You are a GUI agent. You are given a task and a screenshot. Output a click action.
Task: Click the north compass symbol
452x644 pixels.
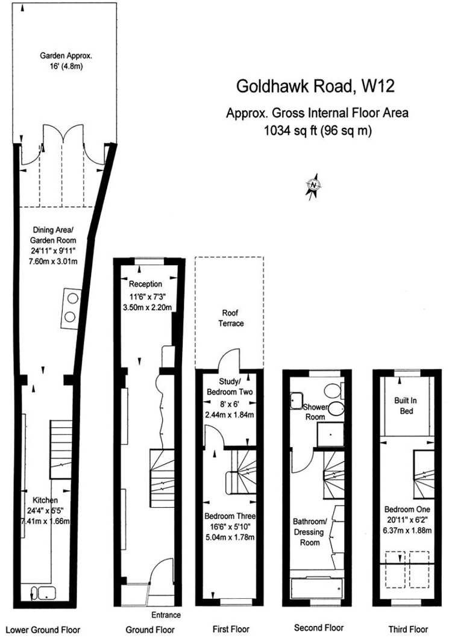(x=314, y=186)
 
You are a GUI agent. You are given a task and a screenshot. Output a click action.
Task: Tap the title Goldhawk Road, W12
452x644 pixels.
(x=316, y=86)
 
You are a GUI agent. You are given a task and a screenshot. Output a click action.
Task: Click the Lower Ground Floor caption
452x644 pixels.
(x=43, y=630)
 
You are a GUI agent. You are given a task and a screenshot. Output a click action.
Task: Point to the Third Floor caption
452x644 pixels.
(x=409, y=629)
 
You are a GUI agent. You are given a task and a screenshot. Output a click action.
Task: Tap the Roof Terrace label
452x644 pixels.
(x=230, y=318)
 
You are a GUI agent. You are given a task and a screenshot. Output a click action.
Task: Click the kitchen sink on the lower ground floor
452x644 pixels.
(x=43, y=593)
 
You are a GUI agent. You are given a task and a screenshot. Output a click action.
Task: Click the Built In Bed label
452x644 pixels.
(x=406, y=405)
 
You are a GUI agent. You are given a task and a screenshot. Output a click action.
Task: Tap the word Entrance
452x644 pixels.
(x=166, y=615)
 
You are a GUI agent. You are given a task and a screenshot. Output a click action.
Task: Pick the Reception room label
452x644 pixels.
(x=145, y=284)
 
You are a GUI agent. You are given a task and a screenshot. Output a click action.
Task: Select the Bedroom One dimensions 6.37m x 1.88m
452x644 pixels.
(x=407, y=530)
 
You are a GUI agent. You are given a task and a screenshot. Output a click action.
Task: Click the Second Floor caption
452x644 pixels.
(x=319, y=628)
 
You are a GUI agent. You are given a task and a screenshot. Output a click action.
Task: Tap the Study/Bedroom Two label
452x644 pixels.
(x=229, y=387)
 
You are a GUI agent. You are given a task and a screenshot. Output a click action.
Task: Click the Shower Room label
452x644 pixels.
(x=315, y=412)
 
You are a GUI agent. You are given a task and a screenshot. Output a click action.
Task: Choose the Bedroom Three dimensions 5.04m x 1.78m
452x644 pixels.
(x=230, y=537)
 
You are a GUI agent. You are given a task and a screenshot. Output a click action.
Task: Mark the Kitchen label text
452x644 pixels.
(x=45, y=500)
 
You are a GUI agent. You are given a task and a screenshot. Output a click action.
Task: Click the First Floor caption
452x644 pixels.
(x=231, y=629)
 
